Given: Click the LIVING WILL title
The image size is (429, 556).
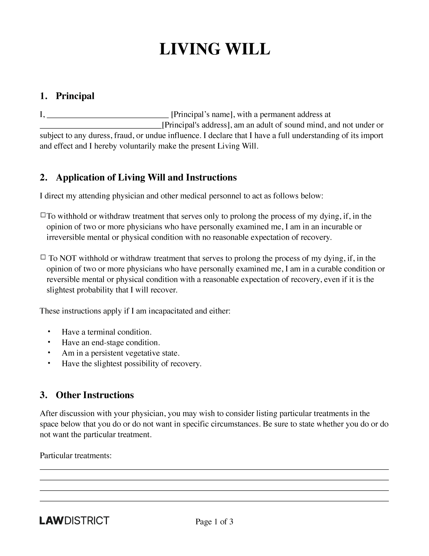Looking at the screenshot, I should tap(214, 49).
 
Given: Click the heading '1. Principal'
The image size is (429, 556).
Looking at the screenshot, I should tap(67, 96).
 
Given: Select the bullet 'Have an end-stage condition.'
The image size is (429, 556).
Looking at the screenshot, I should tap(111, 343).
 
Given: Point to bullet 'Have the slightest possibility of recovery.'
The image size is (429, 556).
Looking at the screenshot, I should tap(131, 364).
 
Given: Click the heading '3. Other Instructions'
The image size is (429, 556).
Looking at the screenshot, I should tap(87, 395).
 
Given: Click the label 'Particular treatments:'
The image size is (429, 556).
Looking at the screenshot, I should tap(76, 456).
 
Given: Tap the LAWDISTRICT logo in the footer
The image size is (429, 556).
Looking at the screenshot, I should tap(74, 521).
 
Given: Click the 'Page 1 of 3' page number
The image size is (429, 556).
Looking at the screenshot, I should tap(214, 522).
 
